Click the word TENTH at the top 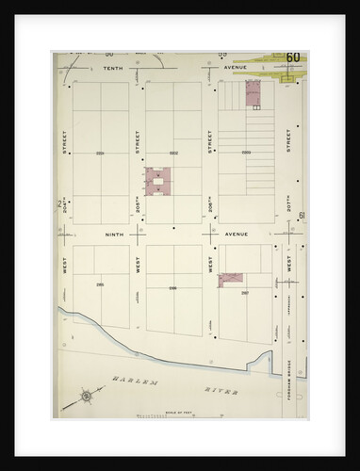pos(113,69)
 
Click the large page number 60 pos(292,59)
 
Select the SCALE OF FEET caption pos(154,410)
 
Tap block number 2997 pos(245,292)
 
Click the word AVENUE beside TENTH pos(236,69)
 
